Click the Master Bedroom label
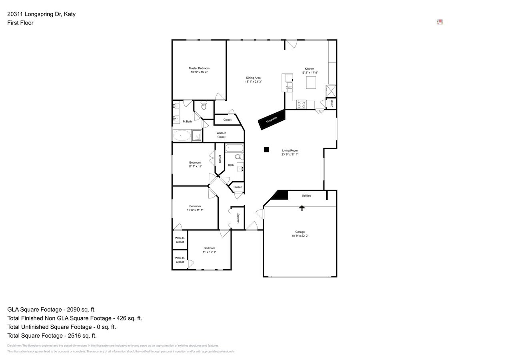point(199,68)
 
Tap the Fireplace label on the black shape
point(271,120)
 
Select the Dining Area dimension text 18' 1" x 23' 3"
point(253,82)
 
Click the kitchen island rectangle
point(311,82)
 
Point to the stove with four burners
point(301,105)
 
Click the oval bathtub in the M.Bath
point(182,136)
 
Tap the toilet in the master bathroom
point(204,106)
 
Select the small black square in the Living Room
point(266,150)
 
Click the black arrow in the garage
point(302,208)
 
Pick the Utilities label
point(306,196)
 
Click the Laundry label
point(238,218)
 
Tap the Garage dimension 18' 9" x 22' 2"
point(300,236)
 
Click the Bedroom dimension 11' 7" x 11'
point(195,166)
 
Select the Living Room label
point(289,150)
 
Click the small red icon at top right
point(439,22)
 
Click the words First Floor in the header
point(20,23)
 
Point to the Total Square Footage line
point(52,336)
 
